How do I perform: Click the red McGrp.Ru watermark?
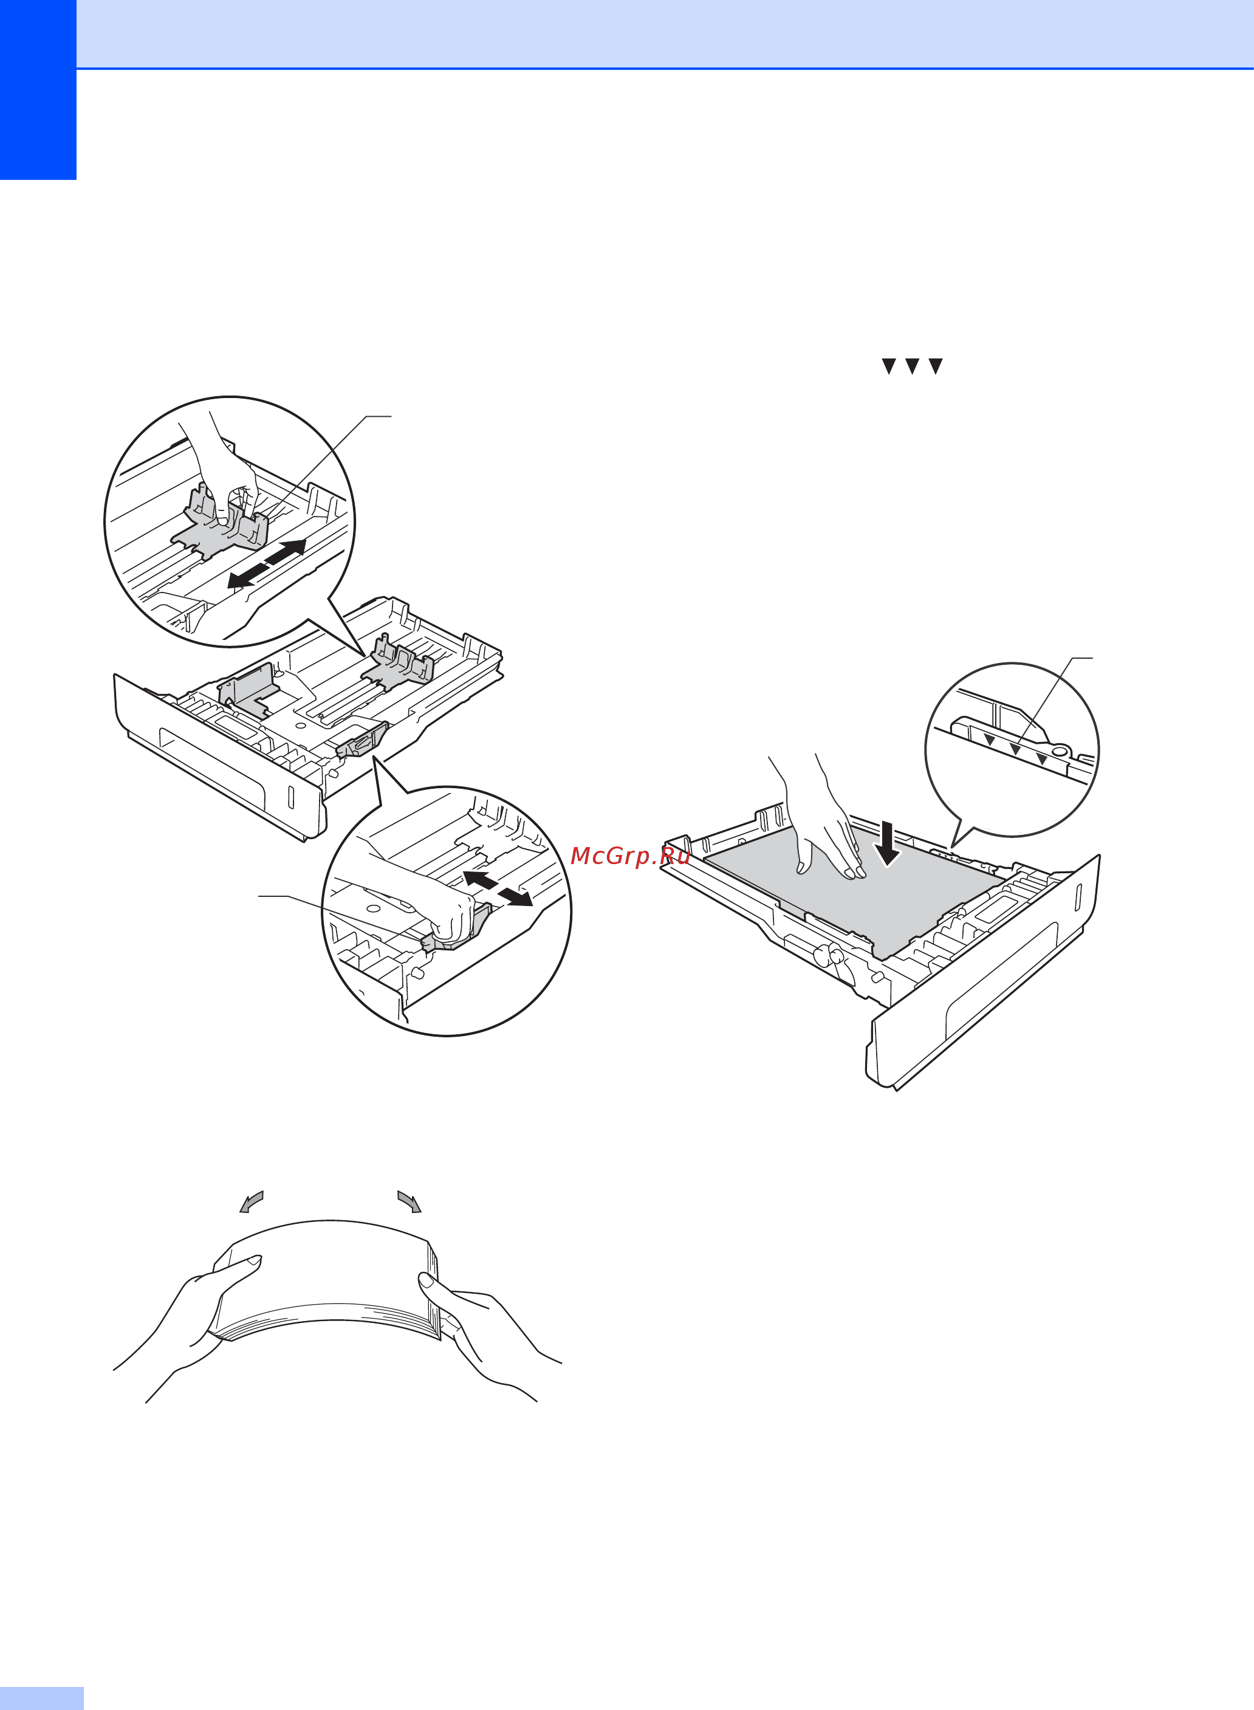click(630, 856)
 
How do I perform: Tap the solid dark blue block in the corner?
click(38, 89)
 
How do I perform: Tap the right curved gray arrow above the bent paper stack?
click(409, 1202)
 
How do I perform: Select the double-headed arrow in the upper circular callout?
click(267, 563)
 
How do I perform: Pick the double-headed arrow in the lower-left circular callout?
click(497, 888)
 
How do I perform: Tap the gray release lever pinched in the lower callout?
click(456, 929)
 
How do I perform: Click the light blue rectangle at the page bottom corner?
click(42, 1698)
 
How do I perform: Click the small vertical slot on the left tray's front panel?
click(290, 797)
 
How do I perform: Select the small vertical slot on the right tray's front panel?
click(1077, 896)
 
